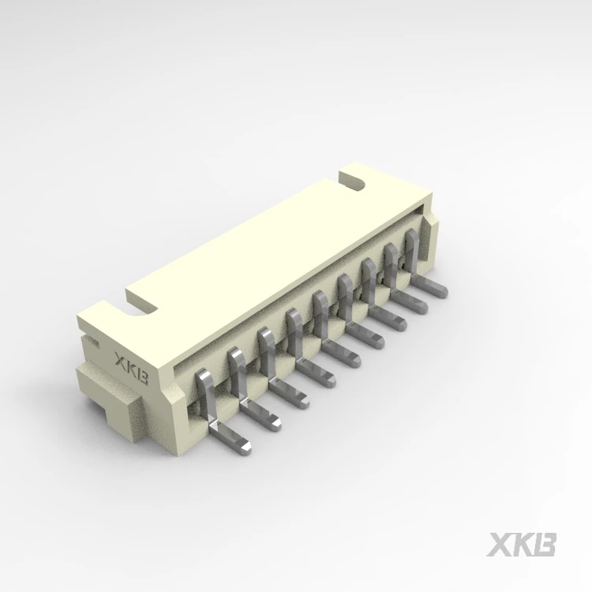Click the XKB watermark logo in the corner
(522, 545)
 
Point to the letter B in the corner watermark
(544, 545)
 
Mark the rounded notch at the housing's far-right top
(353, 182)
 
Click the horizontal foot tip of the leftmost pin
(245, 448)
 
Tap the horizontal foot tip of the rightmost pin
(443, 291)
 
